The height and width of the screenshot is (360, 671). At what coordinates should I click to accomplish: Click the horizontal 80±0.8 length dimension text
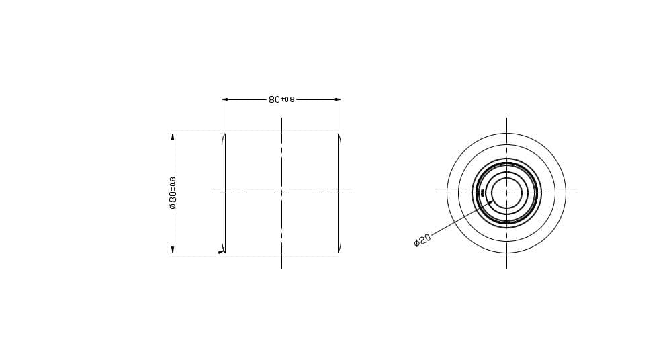[281, 99]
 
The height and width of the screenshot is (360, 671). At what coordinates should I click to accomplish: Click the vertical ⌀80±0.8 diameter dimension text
[173, 193]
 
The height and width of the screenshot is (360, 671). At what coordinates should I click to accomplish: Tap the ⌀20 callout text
[422, 240]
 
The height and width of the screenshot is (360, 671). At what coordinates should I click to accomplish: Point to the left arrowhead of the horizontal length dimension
[224, 99]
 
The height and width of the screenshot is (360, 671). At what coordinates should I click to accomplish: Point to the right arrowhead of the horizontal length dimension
[338, 99]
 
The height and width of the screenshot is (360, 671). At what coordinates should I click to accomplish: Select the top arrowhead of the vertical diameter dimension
[173, 136]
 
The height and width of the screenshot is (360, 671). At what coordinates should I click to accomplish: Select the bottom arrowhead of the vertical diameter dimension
[173, 250]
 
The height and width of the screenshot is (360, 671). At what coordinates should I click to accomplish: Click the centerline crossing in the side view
[281, 193]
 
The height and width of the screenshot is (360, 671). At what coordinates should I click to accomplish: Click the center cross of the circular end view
[506, 193]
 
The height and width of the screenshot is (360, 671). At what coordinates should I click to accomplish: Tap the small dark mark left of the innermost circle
[482, 193]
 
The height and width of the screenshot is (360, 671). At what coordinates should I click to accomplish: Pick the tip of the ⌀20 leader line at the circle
[494, 200]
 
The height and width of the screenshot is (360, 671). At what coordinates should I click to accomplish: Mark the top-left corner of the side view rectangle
[225, 134]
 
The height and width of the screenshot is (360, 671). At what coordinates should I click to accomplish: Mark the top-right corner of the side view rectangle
[338, 134]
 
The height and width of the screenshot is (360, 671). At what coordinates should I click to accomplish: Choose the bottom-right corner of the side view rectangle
[338, 253]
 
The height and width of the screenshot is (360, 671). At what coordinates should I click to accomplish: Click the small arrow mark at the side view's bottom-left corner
[221, 252]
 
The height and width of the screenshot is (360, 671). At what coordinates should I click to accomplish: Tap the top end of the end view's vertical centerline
[506, 118]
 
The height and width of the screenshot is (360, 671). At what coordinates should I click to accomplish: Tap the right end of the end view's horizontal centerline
[577, 193]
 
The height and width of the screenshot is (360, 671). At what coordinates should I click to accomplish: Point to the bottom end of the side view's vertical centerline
[281, 267]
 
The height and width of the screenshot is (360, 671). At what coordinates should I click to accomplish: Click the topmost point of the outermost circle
[506, 134]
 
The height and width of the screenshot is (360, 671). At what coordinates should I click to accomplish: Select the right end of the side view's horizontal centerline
[351, 193]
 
